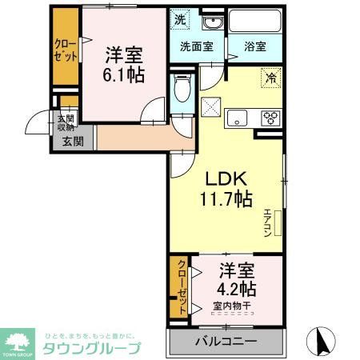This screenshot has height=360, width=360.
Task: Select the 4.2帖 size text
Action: (238, 287)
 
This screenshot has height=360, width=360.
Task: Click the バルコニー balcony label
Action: (226, 342)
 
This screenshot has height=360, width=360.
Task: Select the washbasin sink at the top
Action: (210, 22)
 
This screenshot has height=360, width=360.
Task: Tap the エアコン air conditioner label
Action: (268, 222)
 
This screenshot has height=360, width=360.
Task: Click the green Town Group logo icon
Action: (18, 340)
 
